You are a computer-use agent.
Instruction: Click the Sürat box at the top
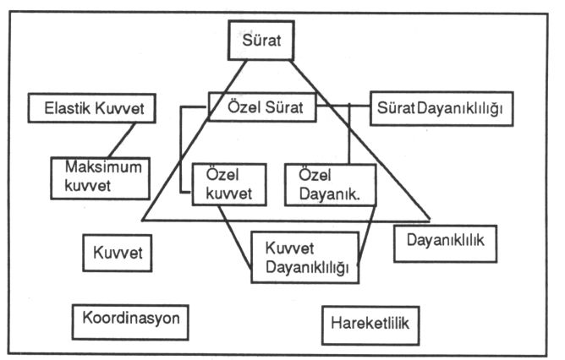point(261,40)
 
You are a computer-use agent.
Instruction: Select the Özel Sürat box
point(262,107)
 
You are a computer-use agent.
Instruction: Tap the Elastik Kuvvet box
point(92,108)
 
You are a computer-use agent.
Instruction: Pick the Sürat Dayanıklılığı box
point(442,108)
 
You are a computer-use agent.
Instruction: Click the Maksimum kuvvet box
point(100,178)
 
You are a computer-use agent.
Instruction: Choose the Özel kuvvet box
point(229,185)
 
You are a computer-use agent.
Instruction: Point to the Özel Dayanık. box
point(331,185)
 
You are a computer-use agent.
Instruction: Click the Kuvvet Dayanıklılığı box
point(304,258)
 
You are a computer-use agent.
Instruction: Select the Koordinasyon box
point(130,322)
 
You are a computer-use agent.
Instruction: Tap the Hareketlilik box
point(370,325)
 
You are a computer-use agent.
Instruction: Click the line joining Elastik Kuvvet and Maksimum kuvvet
point(122,140)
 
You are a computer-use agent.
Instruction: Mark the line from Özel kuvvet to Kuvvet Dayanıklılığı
point(234,237)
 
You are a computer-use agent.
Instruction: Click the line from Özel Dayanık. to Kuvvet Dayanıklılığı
point(366,236)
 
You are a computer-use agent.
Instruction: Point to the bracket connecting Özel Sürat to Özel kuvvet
point(180,150)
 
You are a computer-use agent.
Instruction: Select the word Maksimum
point(103,167)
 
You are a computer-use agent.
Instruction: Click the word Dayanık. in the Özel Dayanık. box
point(329,194)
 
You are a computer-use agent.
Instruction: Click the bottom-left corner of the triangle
point(142,220)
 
